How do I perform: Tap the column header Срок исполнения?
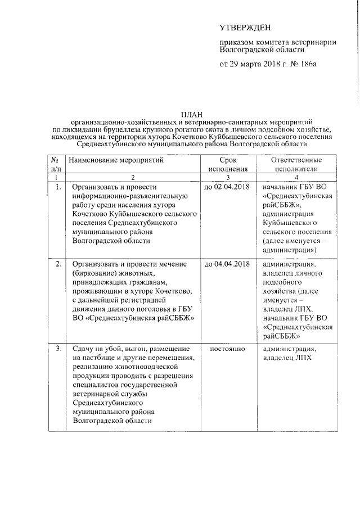coord(227,164)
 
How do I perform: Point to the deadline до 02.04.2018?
coord(227,187)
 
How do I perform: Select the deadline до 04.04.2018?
coord(227,263)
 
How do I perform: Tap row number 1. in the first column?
coord(58,187)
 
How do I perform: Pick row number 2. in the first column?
coord(58,263)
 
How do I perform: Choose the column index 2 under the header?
coord(132,177)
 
